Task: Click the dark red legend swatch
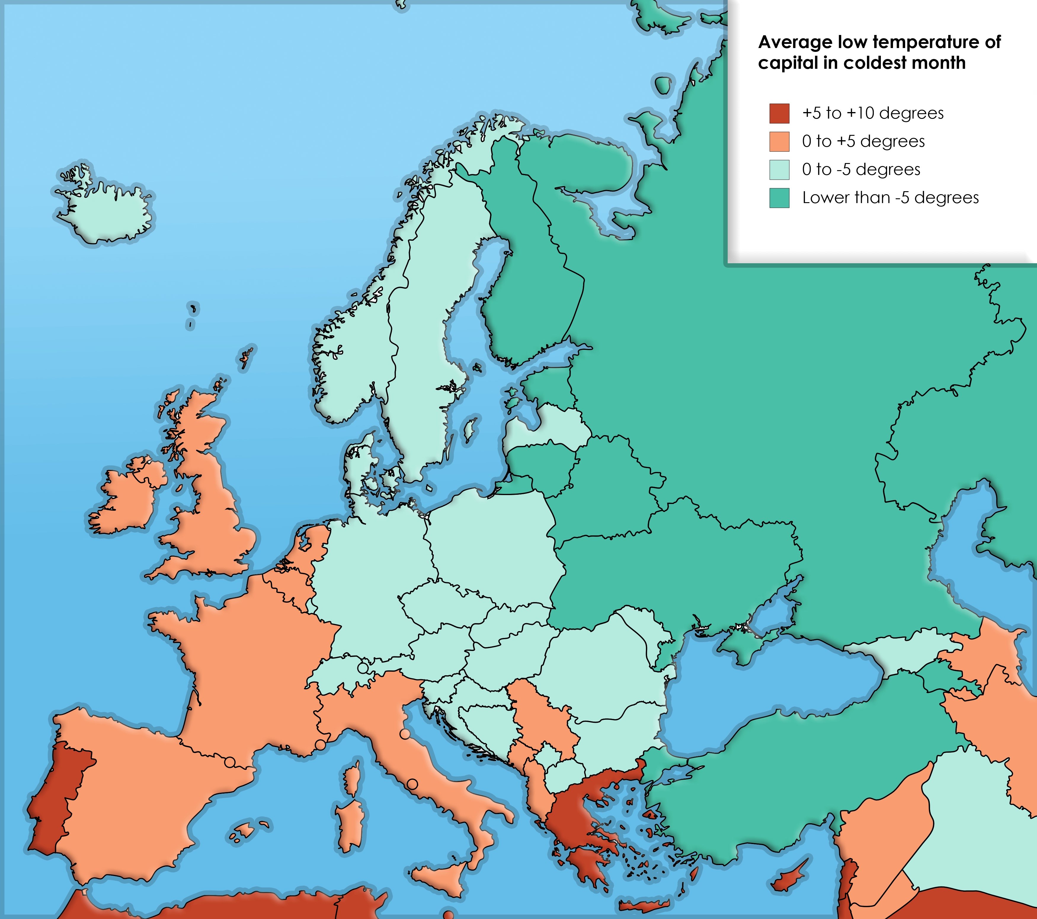coord(779,113)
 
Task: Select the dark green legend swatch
coord(779,198)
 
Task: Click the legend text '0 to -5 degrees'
coord(861,170)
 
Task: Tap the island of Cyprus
coord(789,881)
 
